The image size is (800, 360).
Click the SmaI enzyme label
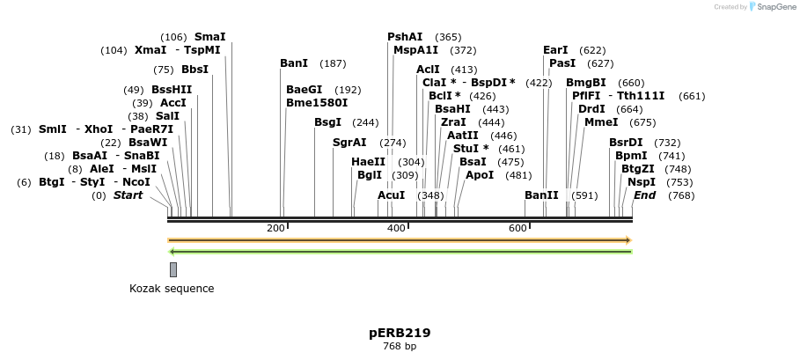pyautogui.click(x=209, y=37)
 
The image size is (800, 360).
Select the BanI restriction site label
pyautogui.click(x=294, y=63)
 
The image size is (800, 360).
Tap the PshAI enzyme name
pyautogui.click(x=405, y=37)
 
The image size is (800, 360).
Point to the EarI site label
pyautogui.click(x=555, y=50)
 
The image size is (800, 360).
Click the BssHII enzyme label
pyautogui.click(x=172, y=90)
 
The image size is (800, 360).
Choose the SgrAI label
pyautogui.click(x=349, y=143)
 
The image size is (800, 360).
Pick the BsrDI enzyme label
pyautogui.click(x=626, y=143)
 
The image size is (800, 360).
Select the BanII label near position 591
pyautogui.click(x=541, y=195)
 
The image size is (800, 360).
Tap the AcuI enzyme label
pyautogui.click(x=391, y=195)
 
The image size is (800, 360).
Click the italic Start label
pyautogui.click(x=128, y=195)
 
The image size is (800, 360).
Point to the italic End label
pyautogui.click(x=644, y=195)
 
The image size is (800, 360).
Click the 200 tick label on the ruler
pyautogui.click(x=275, y=229)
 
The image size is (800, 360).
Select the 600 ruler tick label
pyautogui.click(x=517, y=229)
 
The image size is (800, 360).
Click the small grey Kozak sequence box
pyautogui.click(x=173, y=269)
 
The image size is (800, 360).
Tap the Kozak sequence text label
pyautogui.click(x=172, y=289)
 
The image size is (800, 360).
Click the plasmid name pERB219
pyautogui.click(x=400, y=334)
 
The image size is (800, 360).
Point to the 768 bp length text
pyautogui.click(x=400, y=347)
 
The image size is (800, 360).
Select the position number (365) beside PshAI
pyautogui.click(x=448, y=37)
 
